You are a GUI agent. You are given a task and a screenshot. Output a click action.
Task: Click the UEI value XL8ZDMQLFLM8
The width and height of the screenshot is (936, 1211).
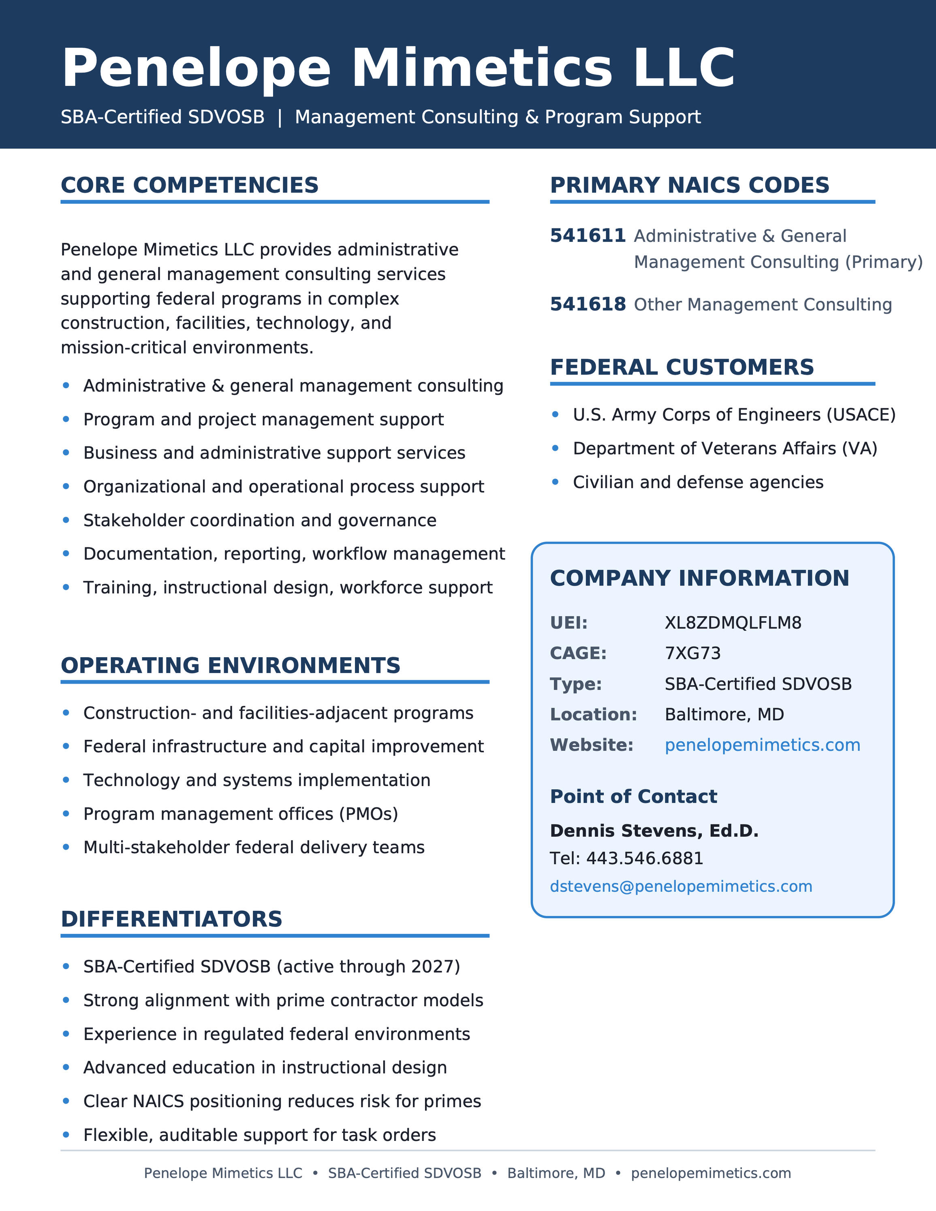[733, 623]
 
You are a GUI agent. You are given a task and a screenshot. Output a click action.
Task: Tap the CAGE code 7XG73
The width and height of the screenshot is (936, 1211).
[692, 653]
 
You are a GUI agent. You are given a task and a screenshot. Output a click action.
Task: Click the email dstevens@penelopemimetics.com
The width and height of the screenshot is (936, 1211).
[681, 886]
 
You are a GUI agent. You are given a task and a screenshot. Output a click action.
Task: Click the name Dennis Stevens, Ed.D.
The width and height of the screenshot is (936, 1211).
[654, 831]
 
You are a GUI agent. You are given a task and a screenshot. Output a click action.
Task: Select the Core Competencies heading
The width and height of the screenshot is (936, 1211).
[190, 185]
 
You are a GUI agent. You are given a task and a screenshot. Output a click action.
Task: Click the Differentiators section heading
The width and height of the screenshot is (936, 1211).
[171, 919]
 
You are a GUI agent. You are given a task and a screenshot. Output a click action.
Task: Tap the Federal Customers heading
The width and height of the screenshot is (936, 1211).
[682, 367]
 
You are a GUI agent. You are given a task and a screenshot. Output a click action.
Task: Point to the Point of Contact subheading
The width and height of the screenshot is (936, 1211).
[633, 796]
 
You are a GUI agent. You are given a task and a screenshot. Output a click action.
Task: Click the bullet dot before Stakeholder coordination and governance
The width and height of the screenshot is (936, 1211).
[66, 520]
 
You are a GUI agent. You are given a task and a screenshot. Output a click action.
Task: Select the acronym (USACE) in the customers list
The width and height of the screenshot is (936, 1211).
[861, 415]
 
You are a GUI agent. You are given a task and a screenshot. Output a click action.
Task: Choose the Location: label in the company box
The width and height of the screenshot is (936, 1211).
[593, 714]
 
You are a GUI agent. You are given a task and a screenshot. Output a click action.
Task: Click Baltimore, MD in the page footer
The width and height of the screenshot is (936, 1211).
[556, 1173]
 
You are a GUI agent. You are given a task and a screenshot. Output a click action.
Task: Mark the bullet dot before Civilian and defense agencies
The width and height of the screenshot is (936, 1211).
[556, 482]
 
